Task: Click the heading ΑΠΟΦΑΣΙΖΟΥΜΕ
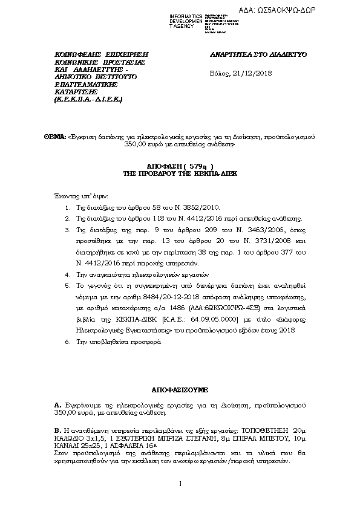pos(180,392)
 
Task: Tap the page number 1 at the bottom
pos(180,499)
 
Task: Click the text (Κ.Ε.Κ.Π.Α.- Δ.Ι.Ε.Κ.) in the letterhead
pos(88,99)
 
